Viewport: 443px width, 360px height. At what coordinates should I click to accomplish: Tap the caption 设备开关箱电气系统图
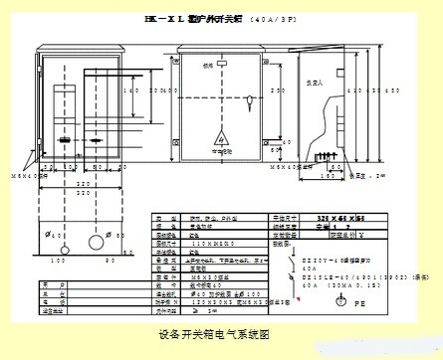(213, 334)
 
